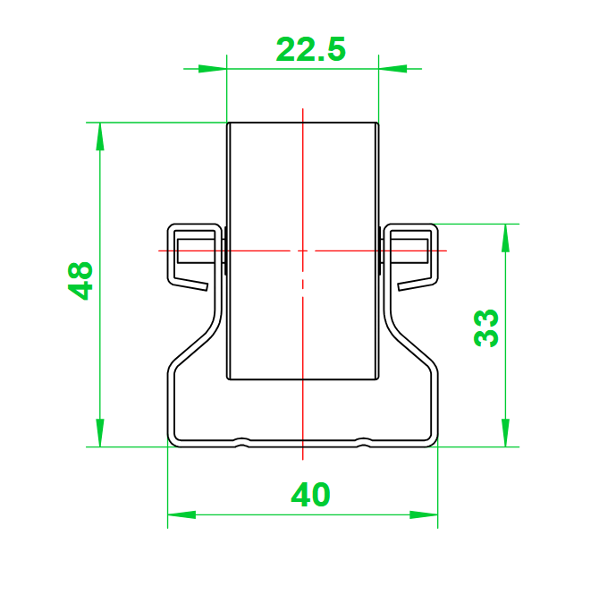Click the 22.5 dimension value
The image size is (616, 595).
point(311,49)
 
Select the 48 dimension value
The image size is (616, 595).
point(80,281)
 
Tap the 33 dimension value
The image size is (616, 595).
point(486,328)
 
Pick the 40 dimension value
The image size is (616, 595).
point(310,494)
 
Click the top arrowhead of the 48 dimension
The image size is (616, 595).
point(100,137)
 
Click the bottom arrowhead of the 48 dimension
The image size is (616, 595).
point(100,433)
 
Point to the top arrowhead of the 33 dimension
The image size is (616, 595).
point(506,238)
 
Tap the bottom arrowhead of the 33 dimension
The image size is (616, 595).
point(506,433)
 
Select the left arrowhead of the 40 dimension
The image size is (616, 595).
point(181,514)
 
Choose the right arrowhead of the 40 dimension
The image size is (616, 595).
point(424,514)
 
